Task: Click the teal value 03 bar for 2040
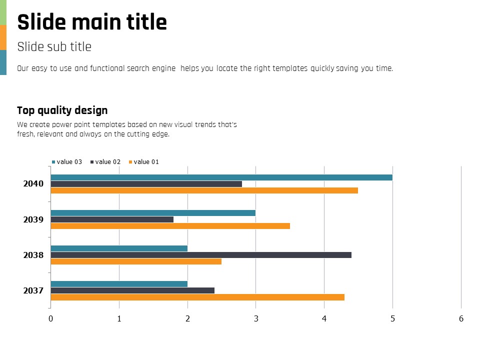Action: [x=221, y=177]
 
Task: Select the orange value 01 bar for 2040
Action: [x=204, y=190]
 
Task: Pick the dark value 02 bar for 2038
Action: [x=201, y=255]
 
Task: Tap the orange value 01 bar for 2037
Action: [x=197, y=297]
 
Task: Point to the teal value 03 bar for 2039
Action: [x=153, y=213]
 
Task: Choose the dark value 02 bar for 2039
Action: [x=112, y=219]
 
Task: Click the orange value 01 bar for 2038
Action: [x=136, y=261]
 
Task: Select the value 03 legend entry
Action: [x=67, y=162]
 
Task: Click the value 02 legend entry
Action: [x=105, y=162]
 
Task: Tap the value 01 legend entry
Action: [x=144, y=162]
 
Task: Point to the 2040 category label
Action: [x=33, y=184]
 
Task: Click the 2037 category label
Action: [x=33, y=291]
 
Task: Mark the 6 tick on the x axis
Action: [x=461, y=318]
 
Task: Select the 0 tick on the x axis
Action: [x=50, y=318]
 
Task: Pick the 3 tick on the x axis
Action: [x=256, y=318]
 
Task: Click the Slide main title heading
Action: [x=92, y=22]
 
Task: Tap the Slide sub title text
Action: [x=54, y=47]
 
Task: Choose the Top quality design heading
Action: [x=62, y=110]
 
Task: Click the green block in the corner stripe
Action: [x=3, y=12]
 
